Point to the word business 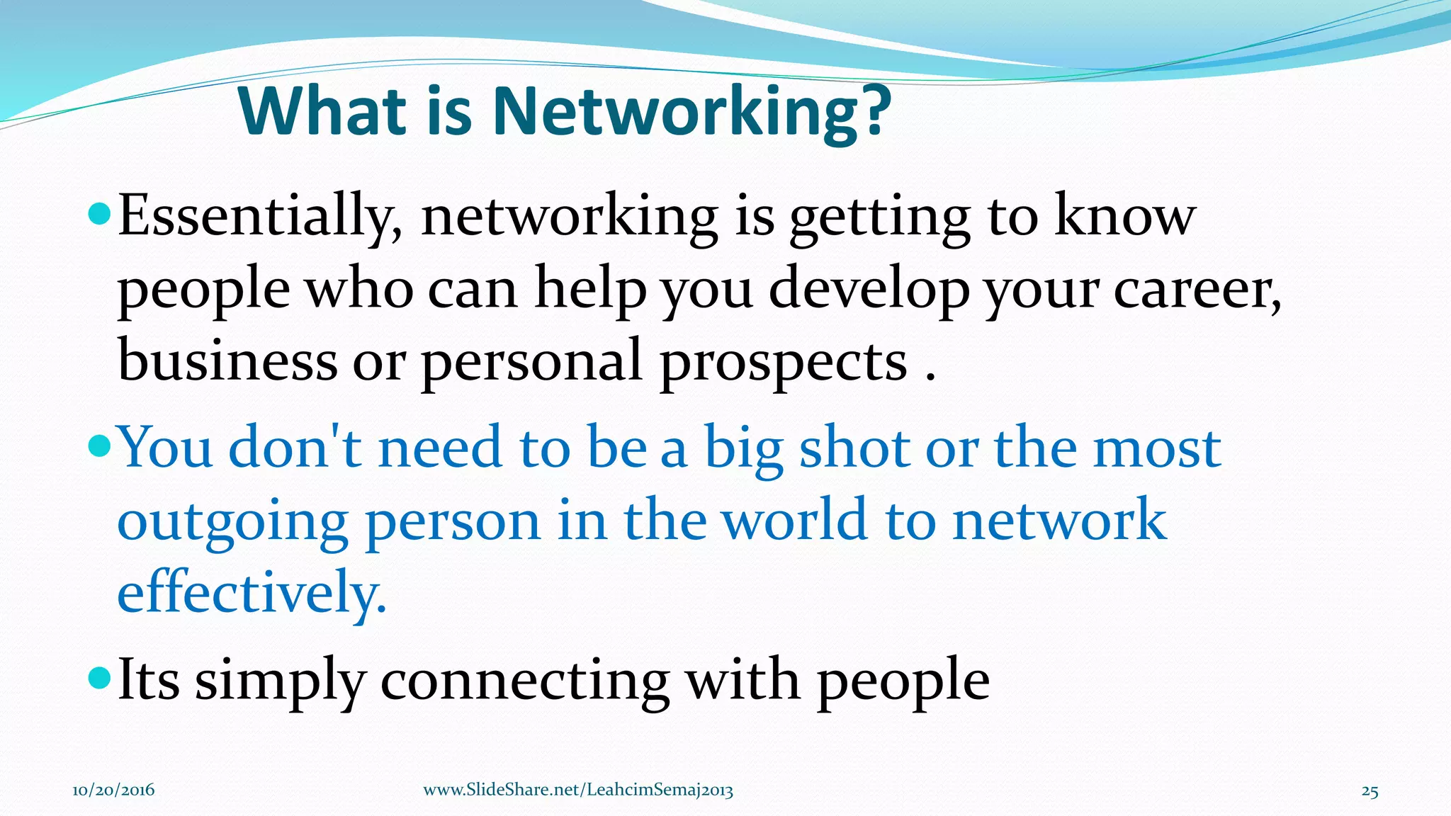pyautogui.click(x=227, y=360)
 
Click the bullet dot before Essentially pyautogui.click(x=100, y=212)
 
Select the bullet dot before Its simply pyautogui.click(x=100, y=678)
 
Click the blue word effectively pyautogui.click(x=252, y=594)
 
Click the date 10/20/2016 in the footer pyautogui.click(x=113, y=790)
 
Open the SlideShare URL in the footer pyautogui.click(x=578, y=790)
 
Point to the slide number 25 pyautogui.click(x=1370, y=791)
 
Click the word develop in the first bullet pyautogui.click(x=869, y=290)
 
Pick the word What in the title pyautogui.click(x=323, y=112)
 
